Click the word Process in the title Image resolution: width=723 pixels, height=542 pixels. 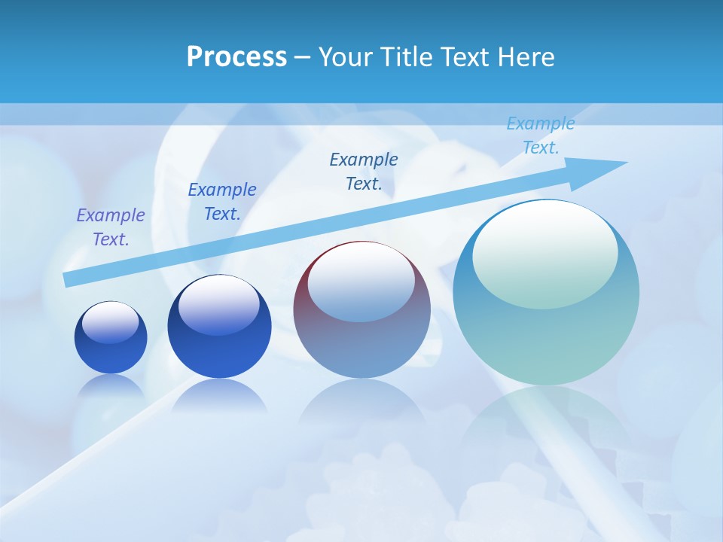click(x=236, y=57)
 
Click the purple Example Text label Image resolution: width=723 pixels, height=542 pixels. click(x=111, y=227)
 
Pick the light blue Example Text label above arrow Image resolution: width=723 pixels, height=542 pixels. click(x=541, y=135)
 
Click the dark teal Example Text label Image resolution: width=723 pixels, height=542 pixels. click(x=364, y=172)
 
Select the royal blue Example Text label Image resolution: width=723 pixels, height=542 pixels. click(x=222, y=202)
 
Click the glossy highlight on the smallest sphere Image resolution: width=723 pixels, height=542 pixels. click(x=111, y=322)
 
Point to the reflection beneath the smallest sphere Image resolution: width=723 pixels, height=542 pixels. click(x=111, y=388)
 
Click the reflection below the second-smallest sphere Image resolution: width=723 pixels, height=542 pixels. click(x=219, y=395)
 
